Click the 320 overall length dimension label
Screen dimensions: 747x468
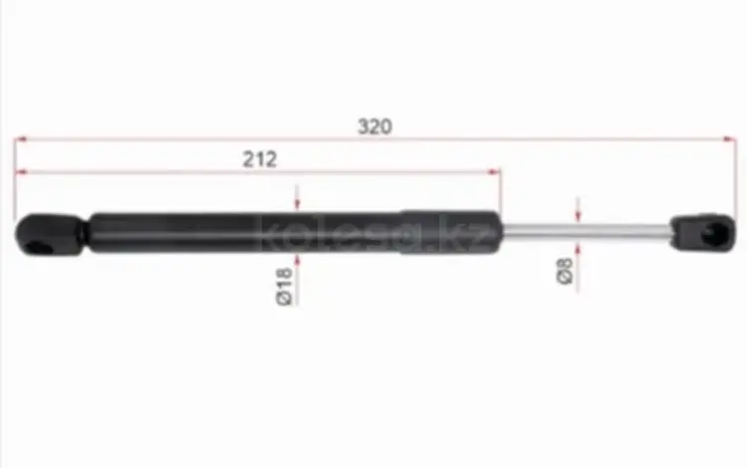374,126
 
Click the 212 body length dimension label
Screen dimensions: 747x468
260,159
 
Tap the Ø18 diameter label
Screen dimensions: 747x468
285,287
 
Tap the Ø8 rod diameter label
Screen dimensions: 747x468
565,272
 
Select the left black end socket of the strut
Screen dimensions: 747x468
49,235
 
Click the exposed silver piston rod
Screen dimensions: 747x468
586,231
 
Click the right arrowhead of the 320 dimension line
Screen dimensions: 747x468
729,139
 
